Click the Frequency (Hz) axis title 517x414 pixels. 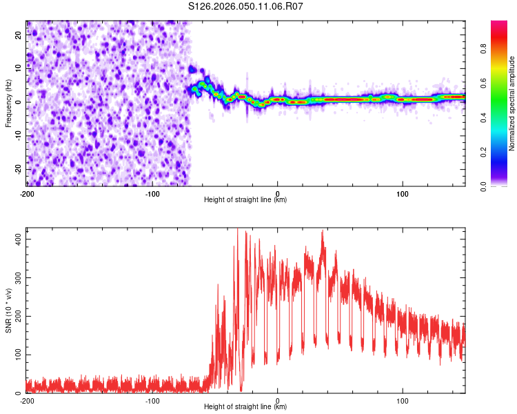pyautogui.click(x=8, y=103)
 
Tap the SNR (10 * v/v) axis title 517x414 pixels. pyautogui.click(x=8, y=310)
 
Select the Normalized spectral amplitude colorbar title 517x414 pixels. pyautogui.click(x=512, y=103)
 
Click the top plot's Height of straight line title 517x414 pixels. pyautogui.click(x=245, y=199)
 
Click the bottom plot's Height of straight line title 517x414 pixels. pyautogui.click(x=245, y=406)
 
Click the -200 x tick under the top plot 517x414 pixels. pyautogui.click(x=27, y=193)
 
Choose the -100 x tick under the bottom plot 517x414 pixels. pyautogui.click(x=152, y=400)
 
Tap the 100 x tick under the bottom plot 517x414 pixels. pyautogui.click(x=403, y=400)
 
